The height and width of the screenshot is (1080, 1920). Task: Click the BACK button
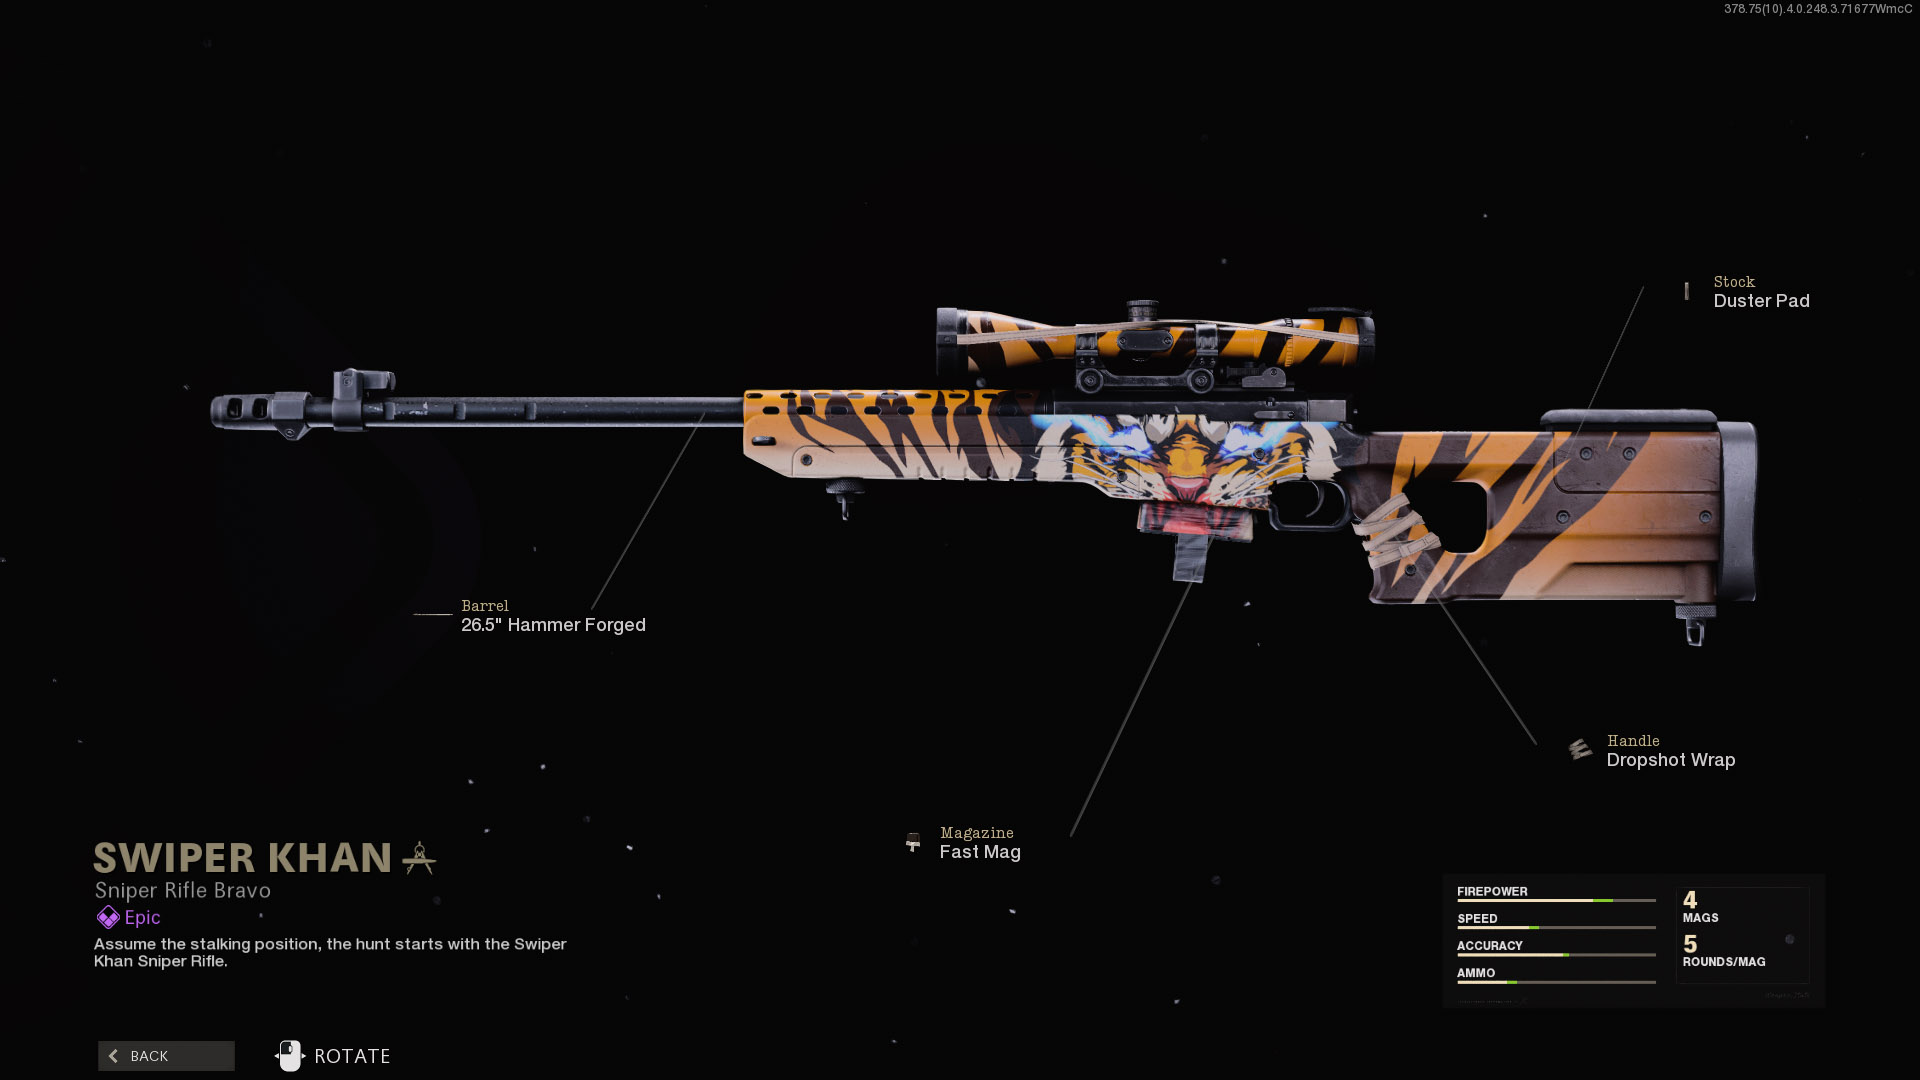click(x=166, y=1056)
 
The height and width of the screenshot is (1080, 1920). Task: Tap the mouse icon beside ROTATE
click(x=289, y=1056)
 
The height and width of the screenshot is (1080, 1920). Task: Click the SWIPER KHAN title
click(x=242, y=858)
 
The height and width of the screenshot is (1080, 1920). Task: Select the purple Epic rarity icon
click(x=108, y=917)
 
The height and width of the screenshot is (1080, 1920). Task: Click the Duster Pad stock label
click(x=1761, y=301)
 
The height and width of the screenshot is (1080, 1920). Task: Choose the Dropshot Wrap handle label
click(x=1670, y=760)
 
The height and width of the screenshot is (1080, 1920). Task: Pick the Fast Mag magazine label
click(x=980, y=852)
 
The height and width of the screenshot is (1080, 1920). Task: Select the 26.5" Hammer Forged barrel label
click(x=553, y=625)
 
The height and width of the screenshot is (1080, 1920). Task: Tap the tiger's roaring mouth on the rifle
click(x=1187, y=489)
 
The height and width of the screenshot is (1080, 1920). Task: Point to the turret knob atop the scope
click(x=1142, y=311)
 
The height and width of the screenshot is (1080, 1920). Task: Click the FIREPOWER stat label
click(x=1492, y=891)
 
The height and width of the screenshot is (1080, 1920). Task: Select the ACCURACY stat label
click(x=1489, y=945)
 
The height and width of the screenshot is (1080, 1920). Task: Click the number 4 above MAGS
click(x=1690, y=900)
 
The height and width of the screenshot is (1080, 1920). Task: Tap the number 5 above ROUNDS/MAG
click(x=1690, y=944)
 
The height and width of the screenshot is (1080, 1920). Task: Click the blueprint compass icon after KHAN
click(x=419, y=858)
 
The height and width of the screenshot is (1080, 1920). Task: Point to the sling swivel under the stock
click(x=1693, y=626)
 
